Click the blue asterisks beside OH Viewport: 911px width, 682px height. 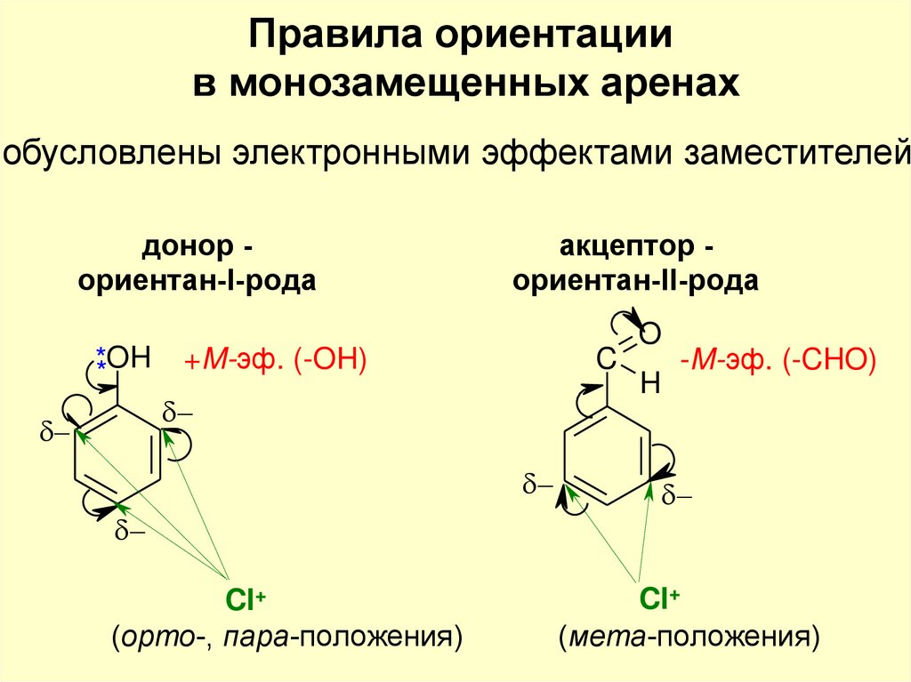[x=101, y=360]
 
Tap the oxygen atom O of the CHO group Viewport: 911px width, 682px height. [x=650, y=334]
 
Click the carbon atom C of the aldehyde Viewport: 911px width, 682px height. [x=606, y=360]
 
